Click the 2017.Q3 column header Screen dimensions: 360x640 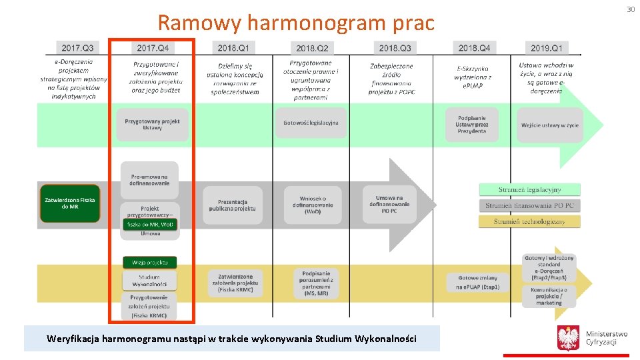[78, 48]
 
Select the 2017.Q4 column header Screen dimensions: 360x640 [153, 48]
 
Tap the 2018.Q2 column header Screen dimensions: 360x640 [312, 48]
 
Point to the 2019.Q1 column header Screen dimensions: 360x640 [547, 48]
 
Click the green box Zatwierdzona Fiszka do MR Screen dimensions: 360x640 [70, 203]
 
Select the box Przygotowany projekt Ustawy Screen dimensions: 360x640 [152, 125]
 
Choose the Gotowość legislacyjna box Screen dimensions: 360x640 [311, 123]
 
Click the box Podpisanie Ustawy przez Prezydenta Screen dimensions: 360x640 [472, 125]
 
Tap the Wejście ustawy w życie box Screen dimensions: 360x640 [550, 125]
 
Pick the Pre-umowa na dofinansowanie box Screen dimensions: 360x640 [150, 179]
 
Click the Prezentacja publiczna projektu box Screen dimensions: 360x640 [232, 205]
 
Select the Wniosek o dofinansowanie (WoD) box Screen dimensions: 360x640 [313, 205]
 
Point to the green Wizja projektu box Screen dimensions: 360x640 [149, 263]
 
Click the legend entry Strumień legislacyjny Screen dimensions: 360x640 [529, 190]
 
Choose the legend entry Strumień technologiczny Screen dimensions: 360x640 [529, 221]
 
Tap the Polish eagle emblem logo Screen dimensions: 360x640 [568, 338]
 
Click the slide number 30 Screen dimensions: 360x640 [630, 9]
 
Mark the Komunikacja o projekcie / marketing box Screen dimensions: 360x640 [549, 296]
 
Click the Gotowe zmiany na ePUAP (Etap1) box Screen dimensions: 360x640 [473, 282]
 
